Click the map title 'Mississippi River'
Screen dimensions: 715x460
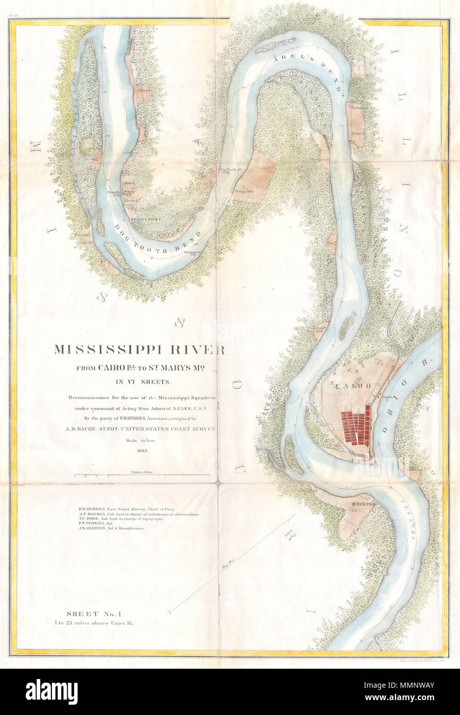pyautogui.click(x=139, y=350)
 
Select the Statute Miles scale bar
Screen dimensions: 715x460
pyautogui.click(x=142, y=475)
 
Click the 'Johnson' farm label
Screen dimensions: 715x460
pyautogui.click(x=360, y=108)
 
